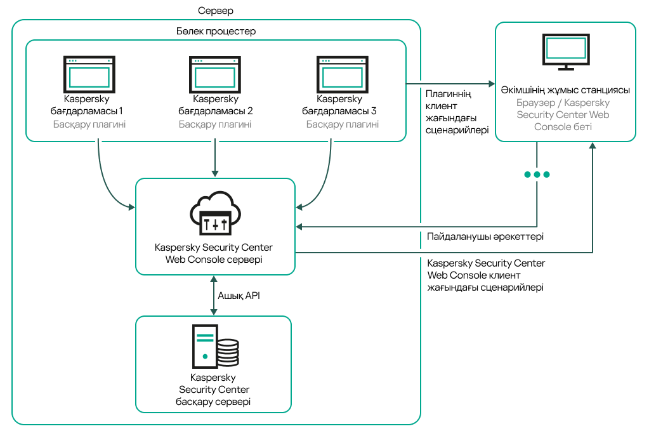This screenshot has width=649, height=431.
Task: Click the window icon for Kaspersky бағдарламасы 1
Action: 89,75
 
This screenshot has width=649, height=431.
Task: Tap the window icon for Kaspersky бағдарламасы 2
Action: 215,75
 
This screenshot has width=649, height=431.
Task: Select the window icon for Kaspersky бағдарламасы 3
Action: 343,75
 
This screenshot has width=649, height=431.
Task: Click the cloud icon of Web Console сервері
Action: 215,213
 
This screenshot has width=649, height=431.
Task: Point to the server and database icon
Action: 215,346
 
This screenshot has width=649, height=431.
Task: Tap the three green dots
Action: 537,175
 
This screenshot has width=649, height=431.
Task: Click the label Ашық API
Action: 239,295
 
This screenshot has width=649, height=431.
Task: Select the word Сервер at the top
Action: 216,11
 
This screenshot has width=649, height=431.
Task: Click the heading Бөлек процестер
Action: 216,30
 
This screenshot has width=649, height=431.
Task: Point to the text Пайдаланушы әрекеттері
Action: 485,237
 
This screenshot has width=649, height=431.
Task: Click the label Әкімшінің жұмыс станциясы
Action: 565,90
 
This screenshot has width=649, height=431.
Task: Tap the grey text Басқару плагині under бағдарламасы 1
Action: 89,124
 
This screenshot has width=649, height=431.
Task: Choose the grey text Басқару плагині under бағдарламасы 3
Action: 343,124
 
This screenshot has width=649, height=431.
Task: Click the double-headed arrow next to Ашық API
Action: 214,295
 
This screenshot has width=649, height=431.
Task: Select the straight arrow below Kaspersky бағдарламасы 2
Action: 216,159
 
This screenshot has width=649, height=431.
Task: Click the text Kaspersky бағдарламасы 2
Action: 215,105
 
